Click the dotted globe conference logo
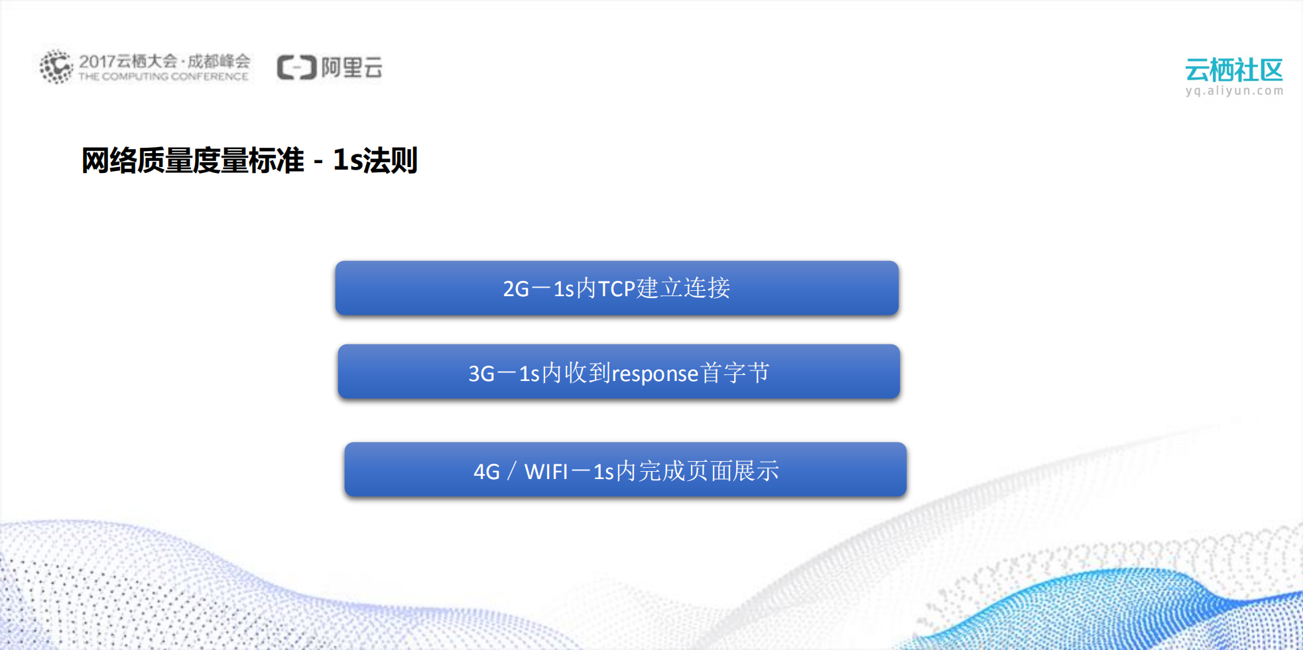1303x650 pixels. (56, 66)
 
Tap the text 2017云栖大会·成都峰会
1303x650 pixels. (164, 61)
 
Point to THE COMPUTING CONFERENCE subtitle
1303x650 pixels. (163, 77)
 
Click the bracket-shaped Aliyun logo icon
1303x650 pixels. (296, 68)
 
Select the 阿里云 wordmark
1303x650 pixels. (351, 68)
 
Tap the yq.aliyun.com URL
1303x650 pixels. (1234, 91)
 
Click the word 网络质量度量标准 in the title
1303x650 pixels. (192, 161)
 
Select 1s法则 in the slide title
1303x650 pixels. (375, 161)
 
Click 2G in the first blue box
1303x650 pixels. (516, 289)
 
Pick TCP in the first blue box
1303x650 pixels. (617, 289)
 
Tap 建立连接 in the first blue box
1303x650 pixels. (684, 288)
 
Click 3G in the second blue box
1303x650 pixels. (481, 374)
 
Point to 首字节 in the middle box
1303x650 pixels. (735, 373)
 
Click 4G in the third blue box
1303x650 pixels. (487, 472)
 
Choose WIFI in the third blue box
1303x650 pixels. (546, 472)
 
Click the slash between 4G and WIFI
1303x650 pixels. (511, 472)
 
